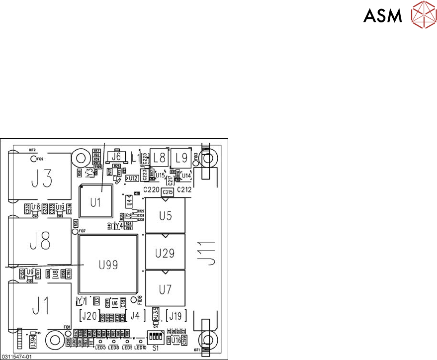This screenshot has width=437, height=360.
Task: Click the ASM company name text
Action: (382, 16)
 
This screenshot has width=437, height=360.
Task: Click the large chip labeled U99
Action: (108, 265)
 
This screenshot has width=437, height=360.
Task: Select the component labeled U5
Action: (166, 216)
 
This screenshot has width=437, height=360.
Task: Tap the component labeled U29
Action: (166, 253)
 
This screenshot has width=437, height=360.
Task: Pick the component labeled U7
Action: (166, 289)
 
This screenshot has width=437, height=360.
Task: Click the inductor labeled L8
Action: (159, 159)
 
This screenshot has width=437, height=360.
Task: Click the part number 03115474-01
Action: (17, 357)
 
